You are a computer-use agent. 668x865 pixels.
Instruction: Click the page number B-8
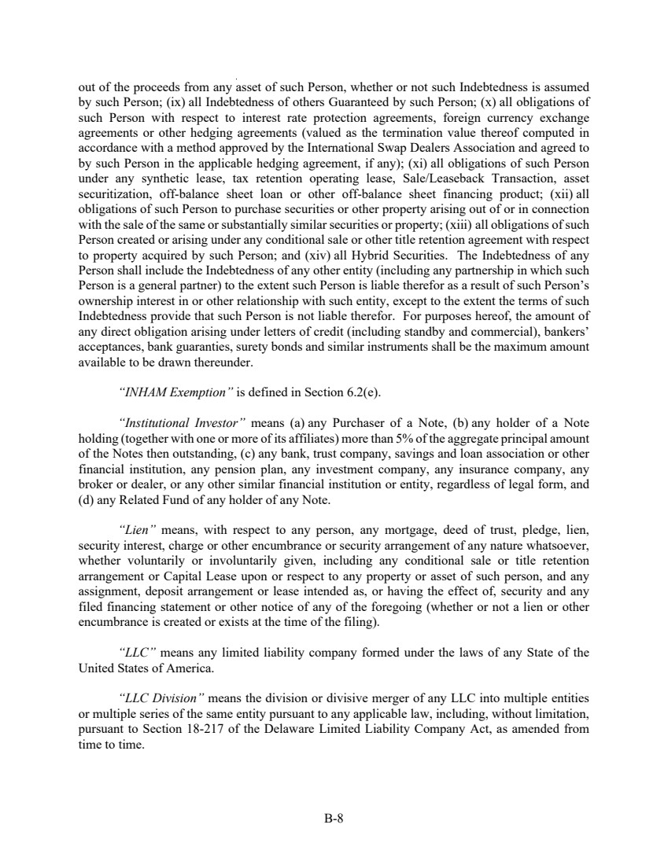pyautogui.click(x=334, y=818)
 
